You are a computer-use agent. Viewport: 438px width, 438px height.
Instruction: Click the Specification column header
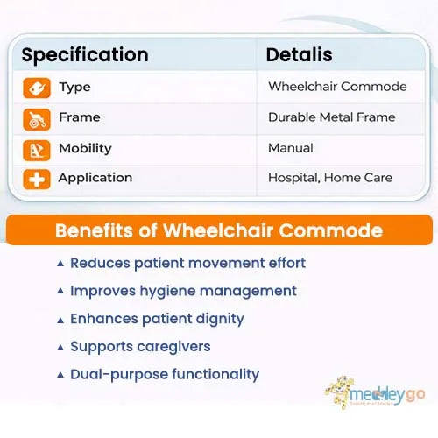tap(85, 55)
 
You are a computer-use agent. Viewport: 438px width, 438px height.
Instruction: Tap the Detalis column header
tap(299, 55)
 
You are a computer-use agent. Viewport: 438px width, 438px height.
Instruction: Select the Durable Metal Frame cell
tap(331, 117)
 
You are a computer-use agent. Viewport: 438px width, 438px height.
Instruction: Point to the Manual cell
tap(290, 148)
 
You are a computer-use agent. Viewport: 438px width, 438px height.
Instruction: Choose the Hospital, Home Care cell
tap(330, 178)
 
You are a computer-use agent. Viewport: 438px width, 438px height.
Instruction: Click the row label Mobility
tap(85, 148)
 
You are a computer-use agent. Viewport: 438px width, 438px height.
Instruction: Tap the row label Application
tap(95, 178)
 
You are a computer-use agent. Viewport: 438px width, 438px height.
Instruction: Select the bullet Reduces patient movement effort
tap(187, 263)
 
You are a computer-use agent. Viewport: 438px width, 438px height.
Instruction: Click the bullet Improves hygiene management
tap(183, 291)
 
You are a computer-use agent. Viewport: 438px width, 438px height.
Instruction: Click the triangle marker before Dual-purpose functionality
tap(60, 375)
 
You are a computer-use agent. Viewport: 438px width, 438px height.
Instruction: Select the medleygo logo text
tap(388, 396)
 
